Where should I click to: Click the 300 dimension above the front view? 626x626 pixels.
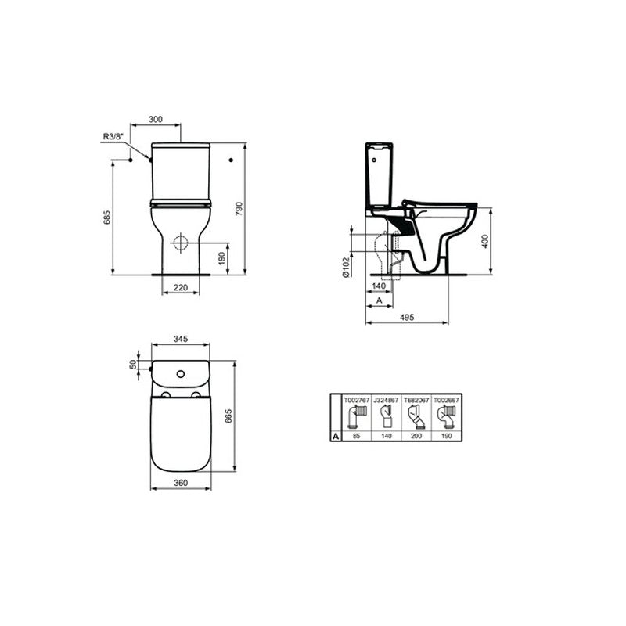tap(156, 119)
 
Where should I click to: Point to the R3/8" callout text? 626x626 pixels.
tap(113, 136)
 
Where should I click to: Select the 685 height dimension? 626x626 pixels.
tap(106, 217)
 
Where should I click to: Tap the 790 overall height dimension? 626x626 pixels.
tap(239, 209)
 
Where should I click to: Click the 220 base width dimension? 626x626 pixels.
tap(181, 287)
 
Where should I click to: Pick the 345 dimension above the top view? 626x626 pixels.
tap(181, 339)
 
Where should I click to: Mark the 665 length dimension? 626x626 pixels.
tap(228, 416)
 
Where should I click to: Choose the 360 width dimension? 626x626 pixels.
tap(181, 483)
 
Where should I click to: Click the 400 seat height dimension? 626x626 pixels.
tap(485, 241)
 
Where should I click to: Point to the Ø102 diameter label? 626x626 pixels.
tap(346, 267)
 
